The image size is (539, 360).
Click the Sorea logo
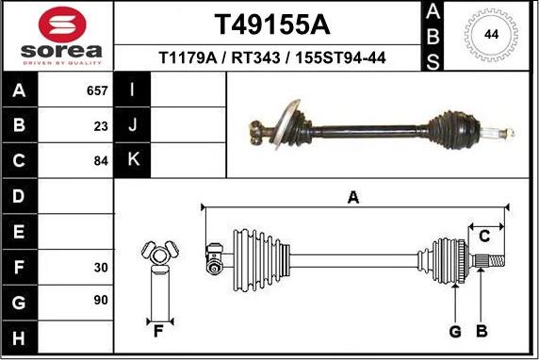click(57, 35)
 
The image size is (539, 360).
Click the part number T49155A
click(272, 23)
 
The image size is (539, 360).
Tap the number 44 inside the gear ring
click(491, 35)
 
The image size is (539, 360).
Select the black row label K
click(133, 160)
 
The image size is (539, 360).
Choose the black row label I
click(133, 90)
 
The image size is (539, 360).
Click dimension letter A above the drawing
click(353, 197)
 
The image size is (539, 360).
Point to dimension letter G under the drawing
click(454, 331)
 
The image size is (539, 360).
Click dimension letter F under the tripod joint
click(158, 331)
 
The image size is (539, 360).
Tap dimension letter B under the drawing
click(481, 331)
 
